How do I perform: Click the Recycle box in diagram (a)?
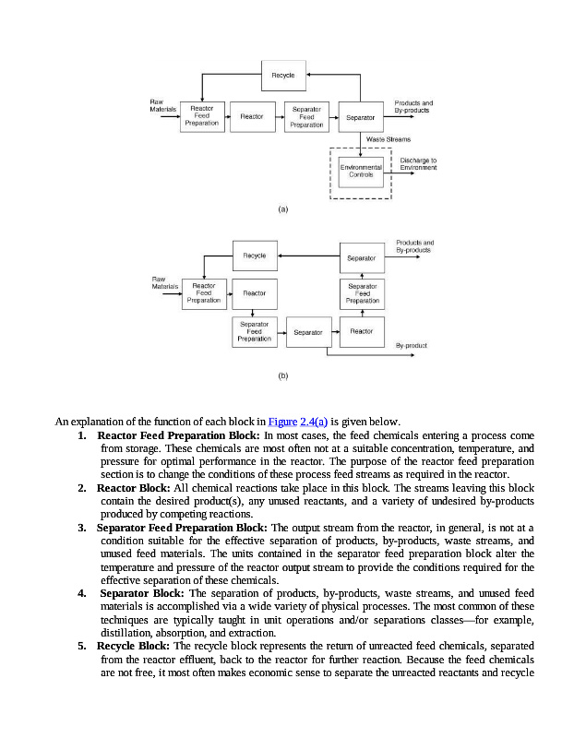click(x=282, y=76)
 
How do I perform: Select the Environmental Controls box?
click(x=361, y=171)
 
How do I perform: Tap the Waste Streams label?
click(x=388, y=139)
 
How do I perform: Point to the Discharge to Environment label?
click(x=418, y=164)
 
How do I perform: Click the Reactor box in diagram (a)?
click(x=251, y=116)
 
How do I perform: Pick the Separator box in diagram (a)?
click(x=361, y=117)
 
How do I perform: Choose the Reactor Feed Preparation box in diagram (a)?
click(x=201, y=116)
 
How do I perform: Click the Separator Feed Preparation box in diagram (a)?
click(x=306, y=116)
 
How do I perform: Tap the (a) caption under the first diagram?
click(x=283, y=209)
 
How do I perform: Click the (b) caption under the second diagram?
click(x=283, y=375)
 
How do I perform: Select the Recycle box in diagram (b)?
click(x=254, y=256)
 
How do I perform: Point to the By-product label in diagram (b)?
click(x=411, y=344)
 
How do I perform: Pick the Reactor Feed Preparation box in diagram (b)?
click(x=203, y=293)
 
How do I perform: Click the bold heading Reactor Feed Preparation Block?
click(x=179, y=434)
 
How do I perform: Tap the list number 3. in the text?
click(x=82, y=528)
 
